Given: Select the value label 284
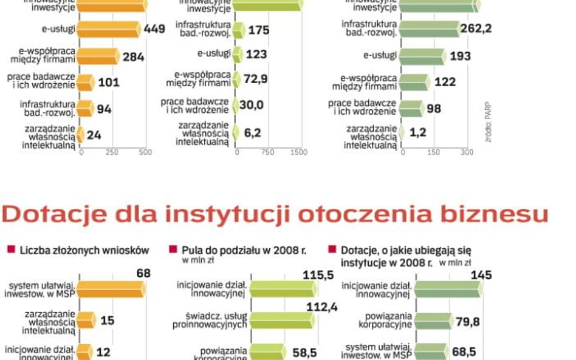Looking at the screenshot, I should (133, 57).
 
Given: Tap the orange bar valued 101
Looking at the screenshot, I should (86, 83).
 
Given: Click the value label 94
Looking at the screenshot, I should (105, 109).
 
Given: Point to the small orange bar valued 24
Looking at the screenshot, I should (80, 135).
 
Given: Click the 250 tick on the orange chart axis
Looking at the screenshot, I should (112, 152).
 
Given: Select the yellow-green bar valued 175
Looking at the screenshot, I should (239, 30).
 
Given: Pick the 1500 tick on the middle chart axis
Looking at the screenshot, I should (299, 152).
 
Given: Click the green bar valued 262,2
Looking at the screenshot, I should (430, 29).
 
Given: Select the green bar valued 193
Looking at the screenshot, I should (422, 56).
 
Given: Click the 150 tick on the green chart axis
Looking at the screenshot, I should (433, 152).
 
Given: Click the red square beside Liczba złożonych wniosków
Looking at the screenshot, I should (10, 250).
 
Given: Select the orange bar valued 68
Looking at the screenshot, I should (111, 289).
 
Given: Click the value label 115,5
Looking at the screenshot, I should (318, 275).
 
